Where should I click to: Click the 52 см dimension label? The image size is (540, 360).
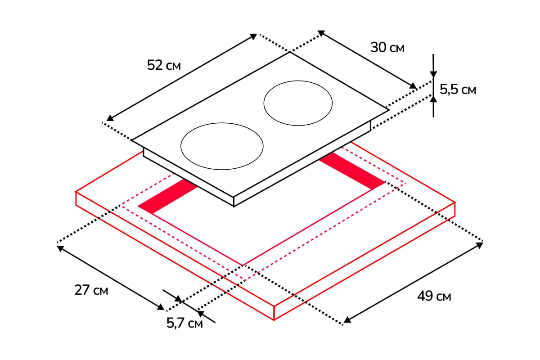click(164, 65)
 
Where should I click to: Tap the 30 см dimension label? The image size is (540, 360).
click(387, 47)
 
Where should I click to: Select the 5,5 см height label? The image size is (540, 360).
click(458, 90)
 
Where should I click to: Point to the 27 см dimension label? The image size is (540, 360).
click(91, 290)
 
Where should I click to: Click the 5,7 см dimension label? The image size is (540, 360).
click(184, 323)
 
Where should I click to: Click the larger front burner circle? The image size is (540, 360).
click(222, 146)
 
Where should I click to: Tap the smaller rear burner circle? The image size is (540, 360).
click(298, 103)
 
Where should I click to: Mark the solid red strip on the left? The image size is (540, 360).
click(168, 196)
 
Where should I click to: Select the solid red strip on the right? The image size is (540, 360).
click(352, 171)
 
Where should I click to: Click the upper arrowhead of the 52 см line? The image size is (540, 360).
click(253, 36)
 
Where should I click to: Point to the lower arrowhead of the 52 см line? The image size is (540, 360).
click(110, 118)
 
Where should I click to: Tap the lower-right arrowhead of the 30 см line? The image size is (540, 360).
click(413, 85)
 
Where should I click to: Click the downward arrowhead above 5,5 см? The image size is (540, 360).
click(433, 74)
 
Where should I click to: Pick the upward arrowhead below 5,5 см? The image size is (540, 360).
click(433, 99)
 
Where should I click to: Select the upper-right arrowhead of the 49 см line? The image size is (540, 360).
click(480, 245)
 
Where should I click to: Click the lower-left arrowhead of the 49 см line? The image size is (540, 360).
click(347, 320)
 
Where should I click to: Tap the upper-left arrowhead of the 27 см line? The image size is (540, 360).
click(60, 248)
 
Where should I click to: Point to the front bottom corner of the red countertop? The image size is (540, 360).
click(274, 320)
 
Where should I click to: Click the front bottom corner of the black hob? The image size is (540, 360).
click(234, 207)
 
